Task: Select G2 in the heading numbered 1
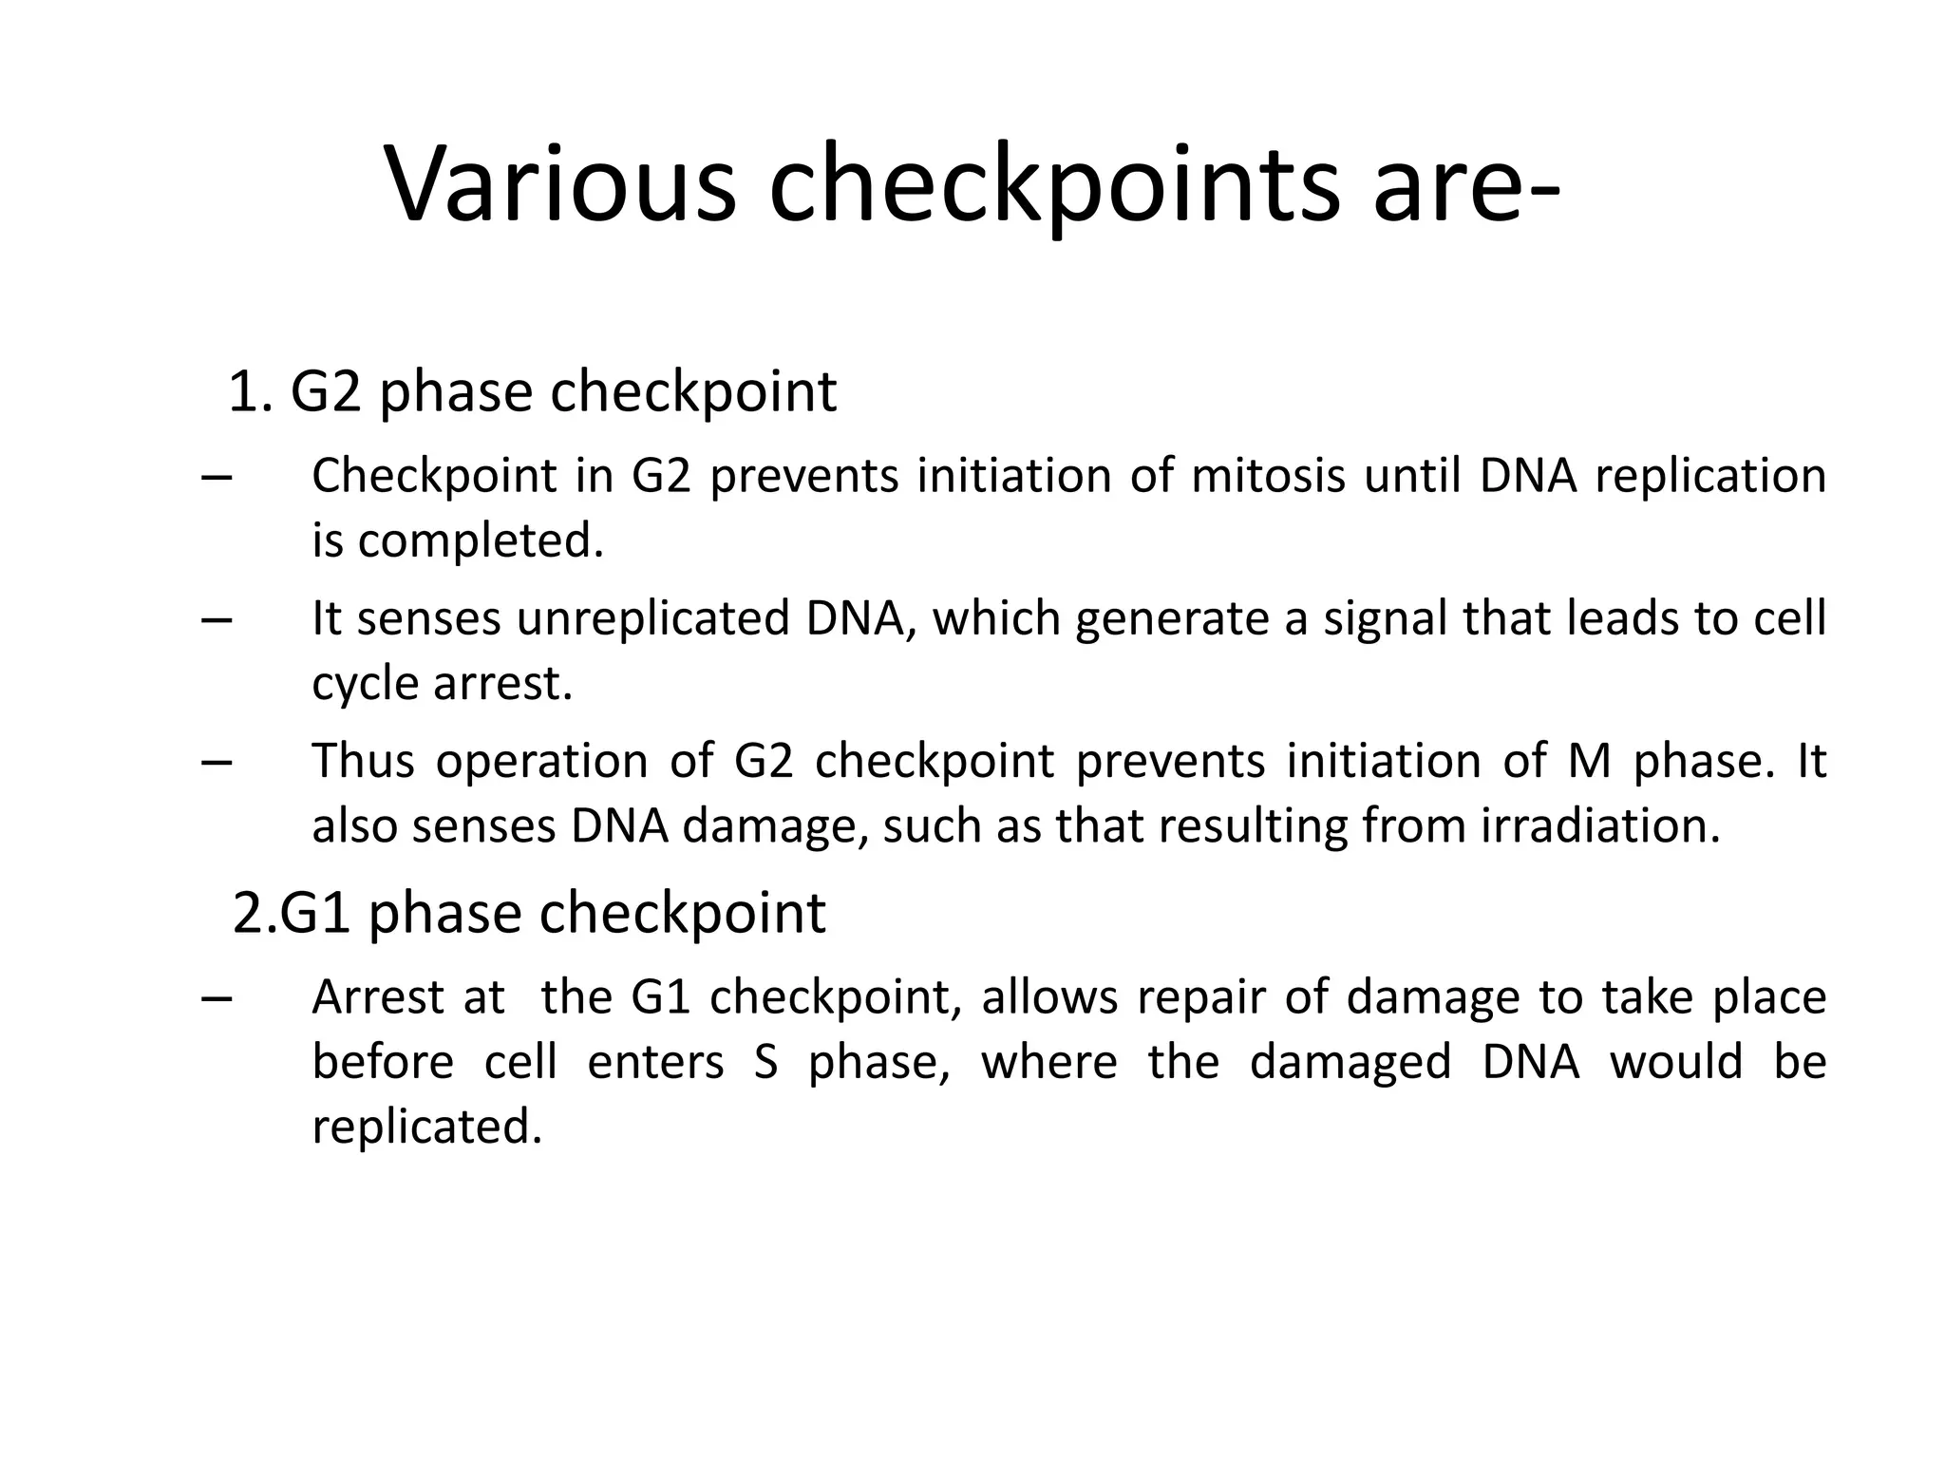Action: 326,391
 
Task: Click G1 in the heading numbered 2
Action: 316,913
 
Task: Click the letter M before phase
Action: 1589,761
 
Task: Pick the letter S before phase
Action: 766,1062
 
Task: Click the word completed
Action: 481,541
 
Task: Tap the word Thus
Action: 364,761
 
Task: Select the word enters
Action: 655,1062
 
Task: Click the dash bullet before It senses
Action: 217,620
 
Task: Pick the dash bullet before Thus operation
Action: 217,763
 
